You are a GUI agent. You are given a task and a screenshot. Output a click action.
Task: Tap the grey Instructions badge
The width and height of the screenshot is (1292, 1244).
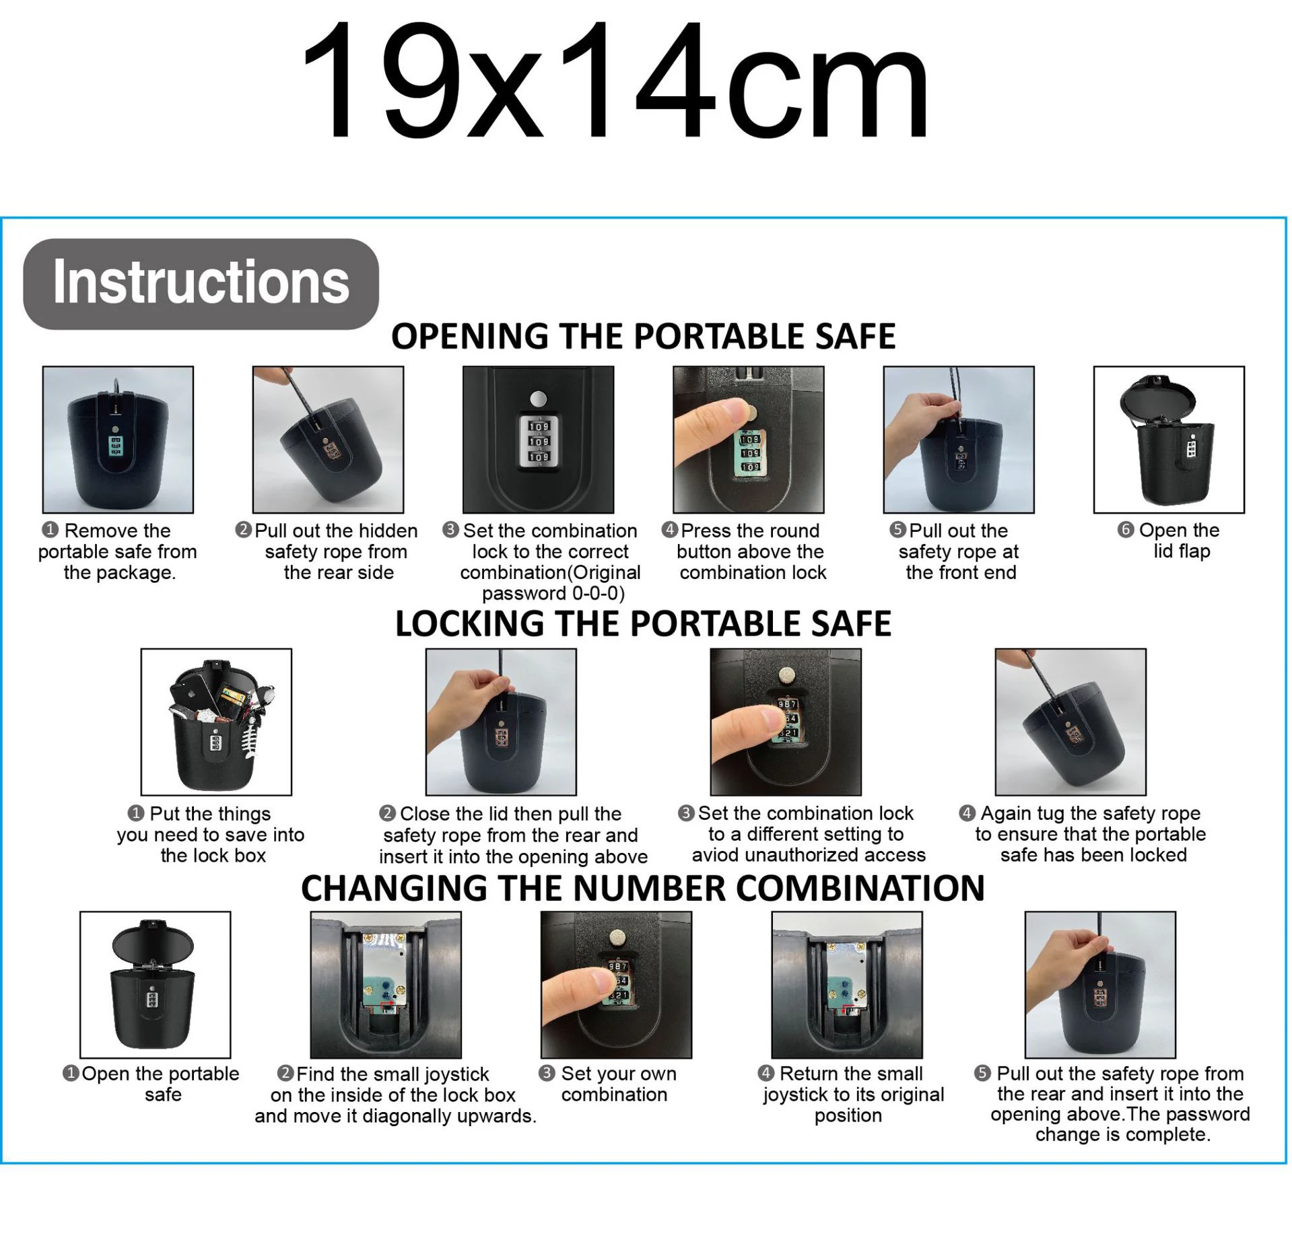201,283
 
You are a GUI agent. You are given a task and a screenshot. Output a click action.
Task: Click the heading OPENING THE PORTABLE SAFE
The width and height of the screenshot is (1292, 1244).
643,336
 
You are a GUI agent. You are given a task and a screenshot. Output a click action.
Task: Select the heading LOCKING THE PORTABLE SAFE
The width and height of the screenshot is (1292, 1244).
643,623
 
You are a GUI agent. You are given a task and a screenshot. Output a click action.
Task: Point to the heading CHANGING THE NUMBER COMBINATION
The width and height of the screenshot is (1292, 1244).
643,888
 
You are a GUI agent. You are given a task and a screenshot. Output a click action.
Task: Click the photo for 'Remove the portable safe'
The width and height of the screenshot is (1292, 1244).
118,440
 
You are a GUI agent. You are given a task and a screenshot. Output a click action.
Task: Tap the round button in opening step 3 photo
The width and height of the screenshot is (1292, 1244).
537,399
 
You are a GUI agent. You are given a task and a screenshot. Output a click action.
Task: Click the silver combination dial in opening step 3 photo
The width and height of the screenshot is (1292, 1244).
538,441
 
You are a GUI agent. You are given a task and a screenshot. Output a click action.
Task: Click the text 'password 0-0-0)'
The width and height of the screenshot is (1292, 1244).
553,593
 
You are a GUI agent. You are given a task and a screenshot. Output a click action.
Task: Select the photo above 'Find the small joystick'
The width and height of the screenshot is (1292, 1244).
386,985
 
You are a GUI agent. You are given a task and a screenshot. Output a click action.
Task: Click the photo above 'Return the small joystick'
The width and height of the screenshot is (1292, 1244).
846,985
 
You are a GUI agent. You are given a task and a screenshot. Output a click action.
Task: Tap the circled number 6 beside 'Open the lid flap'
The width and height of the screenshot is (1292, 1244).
1125,530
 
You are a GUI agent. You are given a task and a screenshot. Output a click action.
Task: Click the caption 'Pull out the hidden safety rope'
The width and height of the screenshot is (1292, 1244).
335,551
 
